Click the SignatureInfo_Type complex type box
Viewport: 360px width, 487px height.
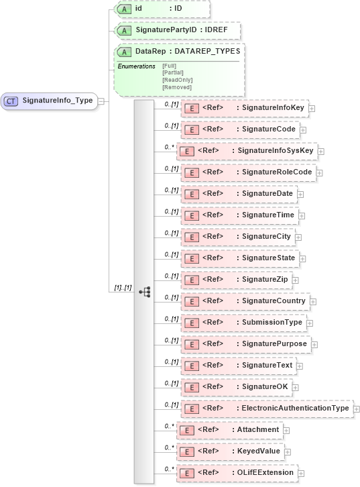pos(49,101)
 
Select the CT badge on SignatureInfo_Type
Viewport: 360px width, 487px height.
pos(11,101)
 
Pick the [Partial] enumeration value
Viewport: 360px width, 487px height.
pos(173,72)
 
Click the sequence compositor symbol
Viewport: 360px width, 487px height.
pos(144,292)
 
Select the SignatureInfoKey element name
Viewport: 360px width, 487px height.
pos(273,107)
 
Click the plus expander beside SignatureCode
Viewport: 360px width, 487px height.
pos(303,129)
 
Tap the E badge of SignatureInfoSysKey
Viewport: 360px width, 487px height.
pos(186,151)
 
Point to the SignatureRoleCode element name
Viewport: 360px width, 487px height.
pos(277,172)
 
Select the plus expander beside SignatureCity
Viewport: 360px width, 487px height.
pos(298,237)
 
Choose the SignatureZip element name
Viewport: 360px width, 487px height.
pos(265,279)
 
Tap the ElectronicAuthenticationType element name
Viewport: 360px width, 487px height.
pos(294,408)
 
